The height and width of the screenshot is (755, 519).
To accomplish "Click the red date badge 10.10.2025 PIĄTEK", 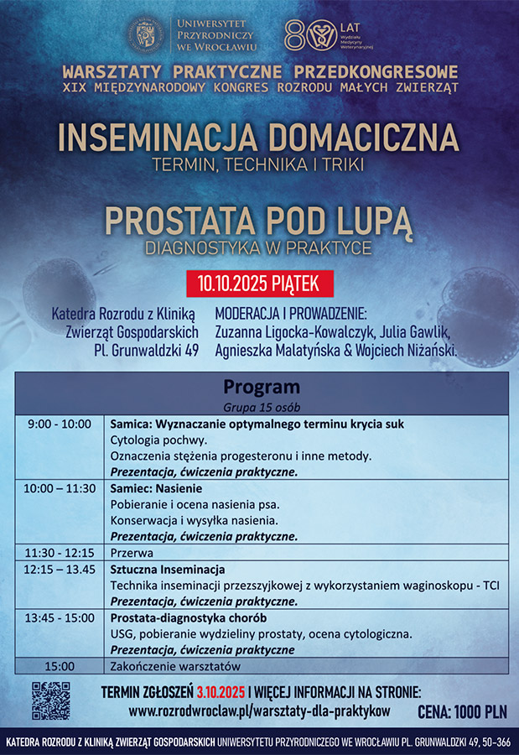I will click(259, 284).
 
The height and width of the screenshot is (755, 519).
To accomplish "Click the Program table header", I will click(261, 388).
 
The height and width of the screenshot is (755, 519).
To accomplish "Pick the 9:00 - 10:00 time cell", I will click(59, 424).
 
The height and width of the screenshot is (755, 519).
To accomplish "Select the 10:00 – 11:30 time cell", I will click(59, 488).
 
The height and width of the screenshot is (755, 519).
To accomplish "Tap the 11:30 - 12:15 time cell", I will click(59, 553).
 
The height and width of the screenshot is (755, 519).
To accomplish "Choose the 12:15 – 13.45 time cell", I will click(59, 570).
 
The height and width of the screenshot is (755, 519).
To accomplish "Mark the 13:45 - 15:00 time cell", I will click(59, 617).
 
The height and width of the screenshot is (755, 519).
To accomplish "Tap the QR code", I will click(51, 701).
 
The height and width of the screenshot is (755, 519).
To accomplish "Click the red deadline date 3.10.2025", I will click(221, 693).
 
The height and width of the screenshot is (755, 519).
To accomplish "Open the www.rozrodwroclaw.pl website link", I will click(259, 711).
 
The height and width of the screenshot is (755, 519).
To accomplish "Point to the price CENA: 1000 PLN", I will click(462, 712).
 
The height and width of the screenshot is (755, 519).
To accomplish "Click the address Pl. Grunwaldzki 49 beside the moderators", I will click(146, 350).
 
